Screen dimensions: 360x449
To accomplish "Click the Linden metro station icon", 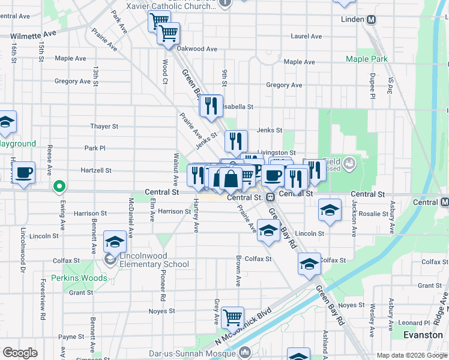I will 372,19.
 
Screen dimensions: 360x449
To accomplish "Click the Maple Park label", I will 366,59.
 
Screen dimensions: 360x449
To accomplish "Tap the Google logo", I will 20,353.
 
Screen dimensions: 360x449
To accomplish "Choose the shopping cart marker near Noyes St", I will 232,316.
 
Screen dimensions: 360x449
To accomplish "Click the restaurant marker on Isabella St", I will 211,106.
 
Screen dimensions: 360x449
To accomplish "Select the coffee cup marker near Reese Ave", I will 25,173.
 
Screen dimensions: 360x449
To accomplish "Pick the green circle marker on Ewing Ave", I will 59,187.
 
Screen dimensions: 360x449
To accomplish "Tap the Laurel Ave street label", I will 306,36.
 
